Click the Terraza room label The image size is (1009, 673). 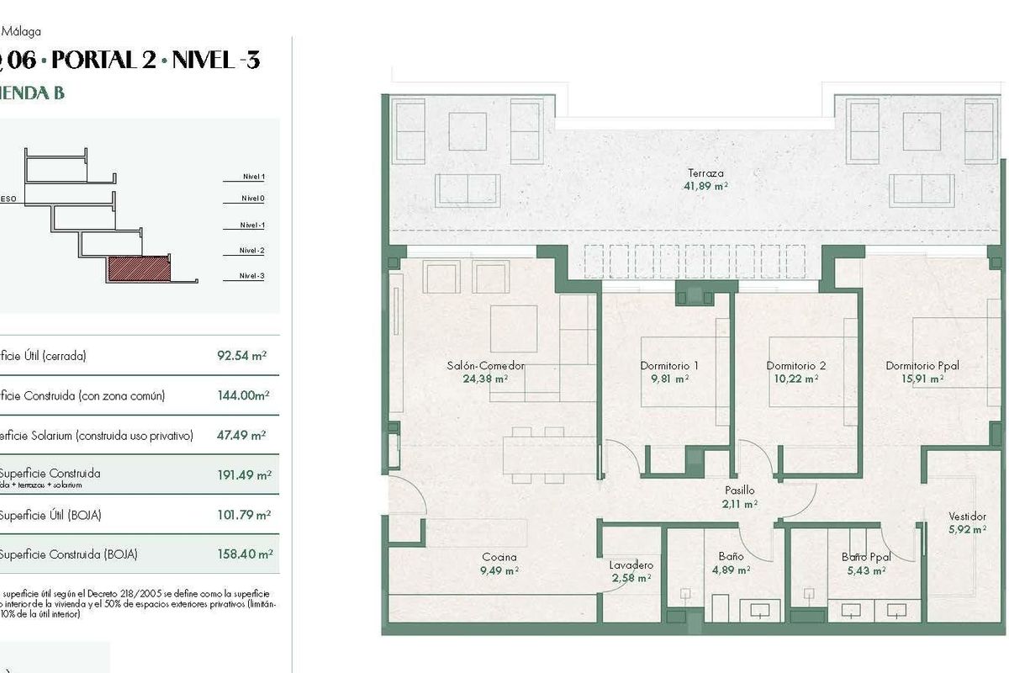pos(704,173)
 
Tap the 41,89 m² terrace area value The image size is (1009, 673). pos(705,186)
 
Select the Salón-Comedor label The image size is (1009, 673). pos(487,366)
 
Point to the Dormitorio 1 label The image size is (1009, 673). pos(669,366)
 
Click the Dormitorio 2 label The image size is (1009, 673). pos(795,366)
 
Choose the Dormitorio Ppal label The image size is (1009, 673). pos(922,366)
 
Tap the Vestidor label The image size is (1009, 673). pos(967,517)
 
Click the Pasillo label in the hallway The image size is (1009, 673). pos(740,490)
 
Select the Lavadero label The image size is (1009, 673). pos(631,565)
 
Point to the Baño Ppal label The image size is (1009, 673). pos(866,557)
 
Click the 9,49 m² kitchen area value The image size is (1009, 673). pos(499,570)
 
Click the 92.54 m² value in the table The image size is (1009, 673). pos(241,356)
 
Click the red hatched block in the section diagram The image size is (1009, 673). pos(139,269)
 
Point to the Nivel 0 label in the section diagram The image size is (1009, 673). pos(252,199)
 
